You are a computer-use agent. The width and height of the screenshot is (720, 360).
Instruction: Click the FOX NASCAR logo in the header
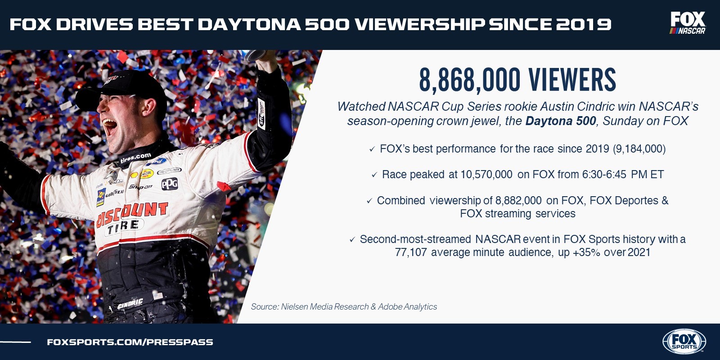688,23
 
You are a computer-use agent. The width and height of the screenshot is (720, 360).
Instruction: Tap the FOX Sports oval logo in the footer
684,342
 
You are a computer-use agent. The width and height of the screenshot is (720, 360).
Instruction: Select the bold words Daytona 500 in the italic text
561,121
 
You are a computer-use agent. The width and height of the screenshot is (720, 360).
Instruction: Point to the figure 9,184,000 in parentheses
639,149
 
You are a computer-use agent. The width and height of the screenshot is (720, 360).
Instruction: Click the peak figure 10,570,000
486,175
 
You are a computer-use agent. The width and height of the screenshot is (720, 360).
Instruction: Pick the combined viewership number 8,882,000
518,201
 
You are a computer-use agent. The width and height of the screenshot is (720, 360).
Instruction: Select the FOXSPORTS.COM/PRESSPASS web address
130,342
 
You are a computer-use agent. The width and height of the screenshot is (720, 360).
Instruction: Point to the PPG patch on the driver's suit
169,184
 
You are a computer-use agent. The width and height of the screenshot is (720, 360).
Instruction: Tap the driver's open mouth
109,126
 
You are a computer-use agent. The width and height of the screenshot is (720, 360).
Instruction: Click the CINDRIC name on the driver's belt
130,303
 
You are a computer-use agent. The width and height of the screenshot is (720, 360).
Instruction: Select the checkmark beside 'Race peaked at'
374,175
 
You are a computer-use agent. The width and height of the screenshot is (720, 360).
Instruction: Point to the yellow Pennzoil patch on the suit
147,174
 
